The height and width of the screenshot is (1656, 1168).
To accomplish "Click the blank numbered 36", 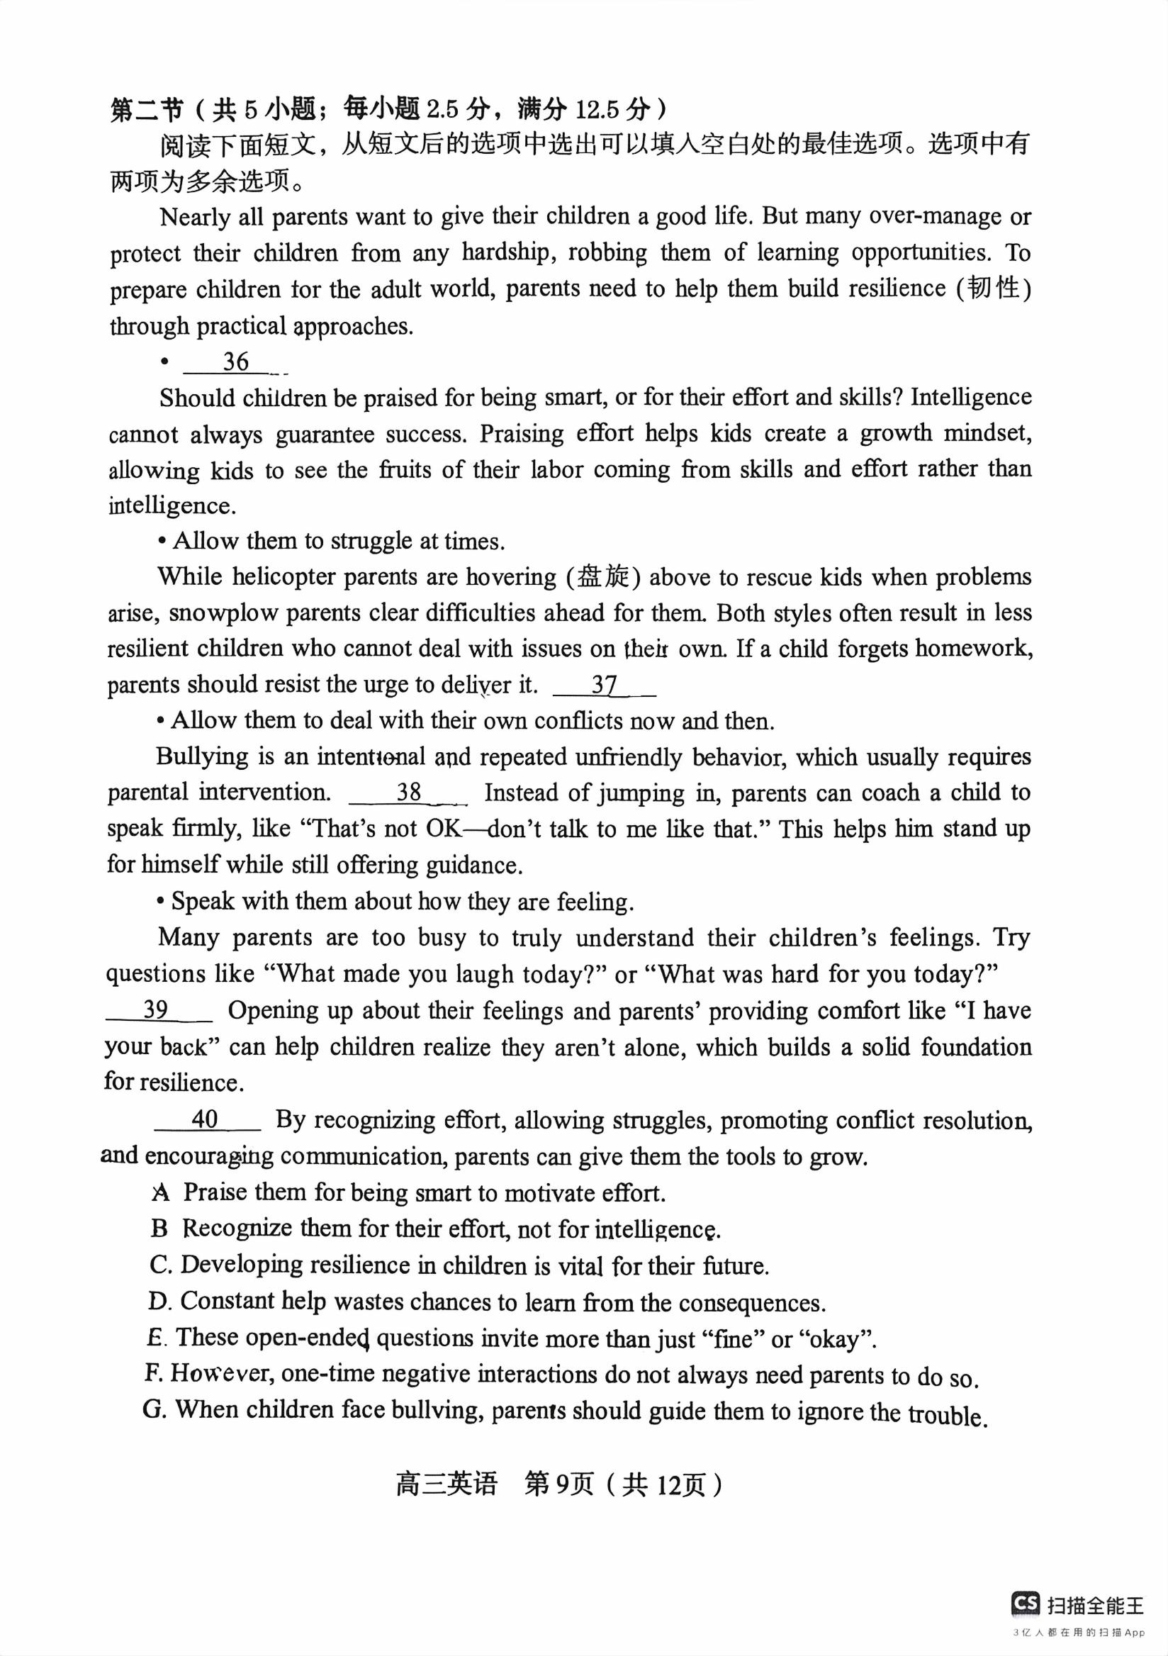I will (x=236, y=362).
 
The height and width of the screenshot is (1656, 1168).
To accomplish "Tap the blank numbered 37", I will (x=604, y=686).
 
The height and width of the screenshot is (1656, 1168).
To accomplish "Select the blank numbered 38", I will (x=409, y=793).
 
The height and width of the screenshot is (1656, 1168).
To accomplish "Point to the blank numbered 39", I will (x=157, y=1009).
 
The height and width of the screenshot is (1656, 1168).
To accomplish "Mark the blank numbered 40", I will (x=206, y=1119).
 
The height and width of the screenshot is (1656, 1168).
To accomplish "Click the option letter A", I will (x=161, y=1192).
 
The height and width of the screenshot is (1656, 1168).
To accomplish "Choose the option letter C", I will (x=160, y=1265).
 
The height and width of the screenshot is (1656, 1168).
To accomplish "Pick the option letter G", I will (x=155, y=1409).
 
